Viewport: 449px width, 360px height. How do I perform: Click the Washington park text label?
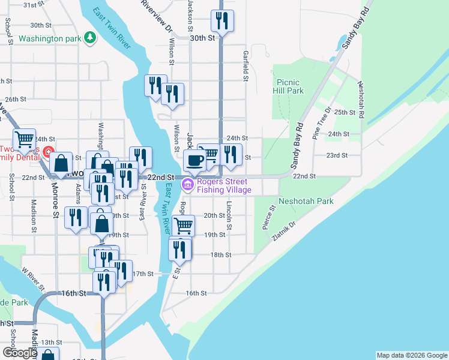[x=49, y=39]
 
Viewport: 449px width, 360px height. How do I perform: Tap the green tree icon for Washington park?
[x=90, y=38]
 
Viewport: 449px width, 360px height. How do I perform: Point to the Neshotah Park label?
[x=306, y=202]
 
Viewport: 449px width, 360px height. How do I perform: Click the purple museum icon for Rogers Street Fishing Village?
[x=188, y=185]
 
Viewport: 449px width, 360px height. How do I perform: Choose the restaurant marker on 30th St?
[x=222, y=22]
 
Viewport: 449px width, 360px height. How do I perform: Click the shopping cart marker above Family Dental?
[x=25, y=140]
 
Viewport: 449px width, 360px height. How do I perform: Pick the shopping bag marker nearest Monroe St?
[x=61, y=163]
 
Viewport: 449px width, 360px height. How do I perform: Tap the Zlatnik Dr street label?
[x=284, y=230]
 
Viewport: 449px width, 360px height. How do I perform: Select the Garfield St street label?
[x=246, y=65]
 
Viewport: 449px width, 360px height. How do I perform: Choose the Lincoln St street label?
[x=229, y=215]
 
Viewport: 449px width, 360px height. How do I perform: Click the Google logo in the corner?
[x=19, y=353]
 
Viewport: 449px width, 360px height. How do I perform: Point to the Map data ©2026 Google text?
[x=412, y=355]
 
